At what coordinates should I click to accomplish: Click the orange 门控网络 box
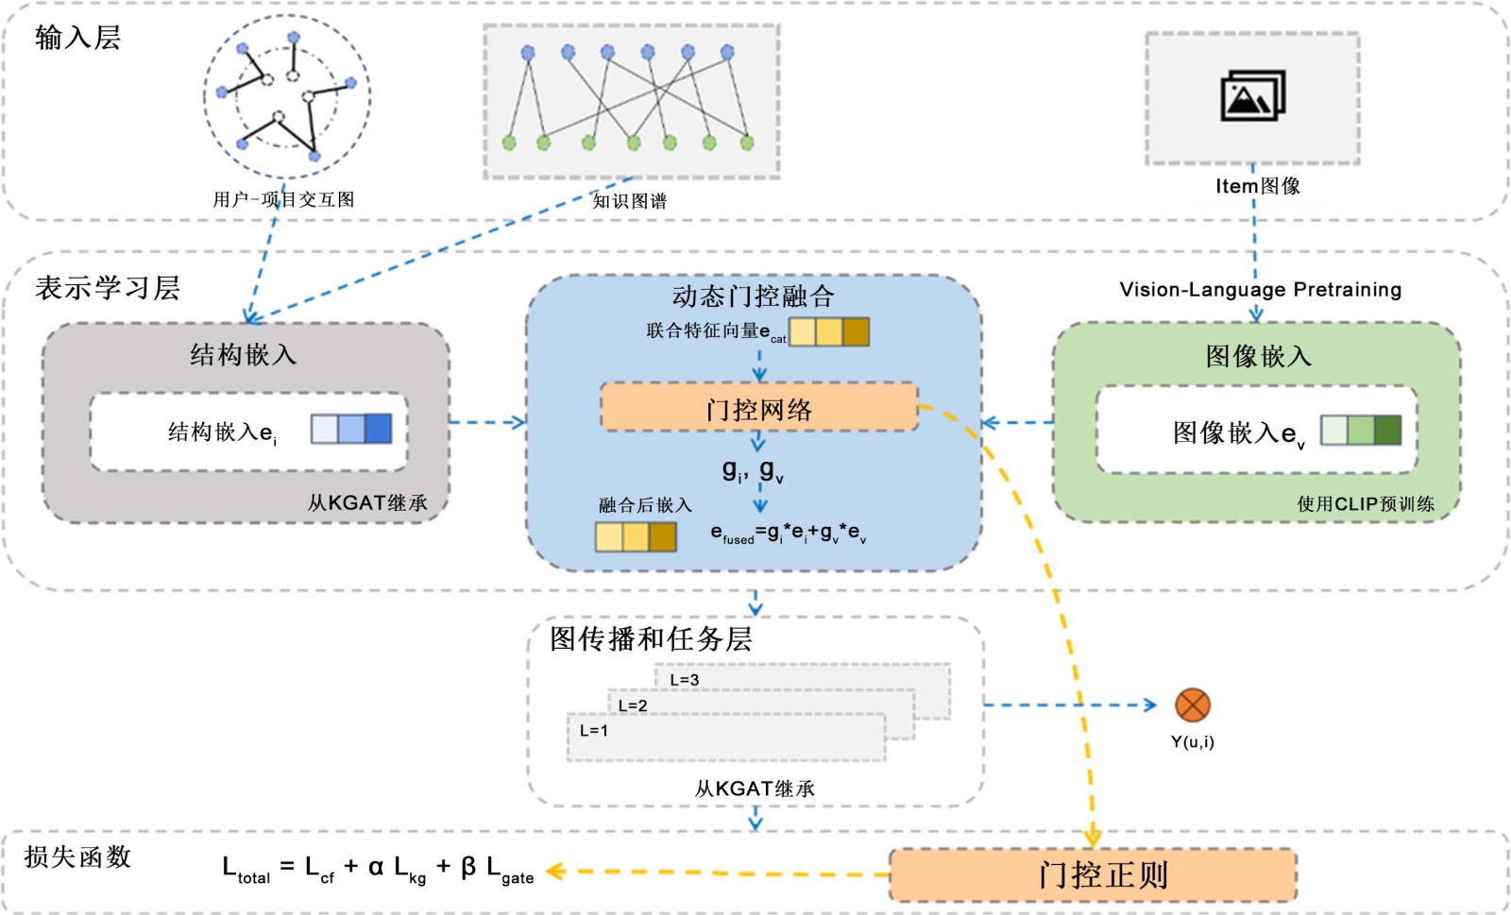[x=759, y=408]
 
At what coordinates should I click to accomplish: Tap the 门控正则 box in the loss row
[x=1094, y=874]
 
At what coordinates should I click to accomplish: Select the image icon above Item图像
[x=1252, y=95]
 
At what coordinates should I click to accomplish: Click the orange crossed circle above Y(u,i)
[x=1192, y=705]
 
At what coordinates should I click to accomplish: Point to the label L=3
[x=685, y=680]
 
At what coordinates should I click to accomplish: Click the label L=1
[x=594, y=731]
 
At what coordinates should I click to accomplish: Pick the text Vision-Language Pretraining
[x=1260, y=290]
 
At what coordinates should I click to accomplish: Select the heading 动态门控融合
[x=753, y=297]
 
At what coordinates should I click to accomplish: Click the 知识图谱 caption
[x=629, y=201]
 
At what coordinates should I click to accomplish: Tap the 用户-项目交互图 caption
[x=283, y=199]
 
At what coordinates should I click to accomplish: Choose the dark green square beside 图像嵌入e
[x=1387, y=430]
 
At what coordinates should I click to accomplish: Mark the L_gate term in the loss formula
[x=510, y=870]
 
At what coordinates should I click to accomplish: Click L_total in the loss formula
[x=246, y=870]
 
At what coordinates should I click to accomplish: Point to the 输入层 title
[x=77, y=38]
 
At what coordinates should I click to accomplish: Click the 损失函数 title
[x=77, y=856]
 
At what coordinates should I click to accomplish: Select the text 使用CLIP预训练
[x=1365, y=504]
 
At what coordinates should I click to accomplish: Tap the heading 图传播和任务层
[x=651, y=639]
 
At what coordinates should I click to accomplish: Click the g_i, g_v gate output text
[x=753, y=470]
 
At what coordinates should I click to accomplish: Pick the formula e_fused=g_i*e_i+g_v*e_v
[x=789, y=534]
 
